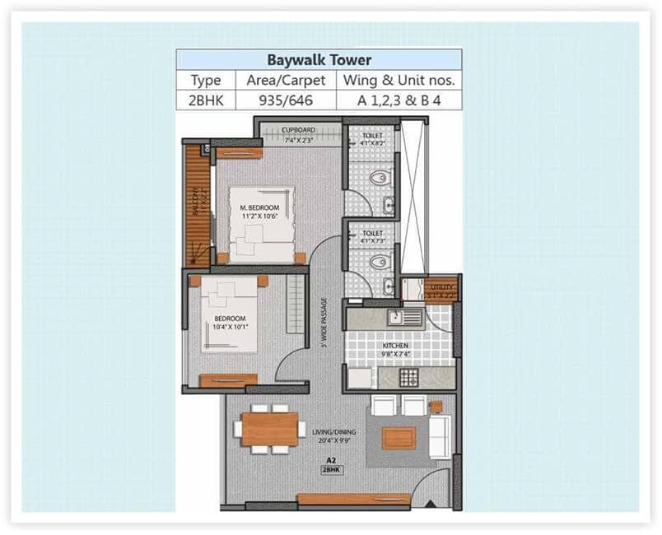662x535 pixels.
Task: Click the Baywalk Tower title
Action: point(319,60)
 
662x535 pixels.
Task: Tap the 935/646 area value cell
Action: point(286,100)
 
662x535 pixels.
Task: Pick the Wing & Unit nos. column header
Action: point(399,81)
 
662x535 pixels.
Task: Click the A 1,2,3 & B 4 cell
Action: point(399,100)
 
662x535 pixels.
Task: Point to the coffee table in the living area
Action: point(399,438)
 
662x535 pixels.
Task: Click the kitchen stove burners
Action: point(409,378)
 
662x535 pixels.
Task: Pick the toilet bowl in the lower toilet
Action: point(379,263)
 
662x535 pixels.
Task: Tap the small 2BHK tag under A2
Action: point(332,470)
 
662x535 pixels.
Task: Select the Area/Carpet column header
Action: point(286,81)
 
